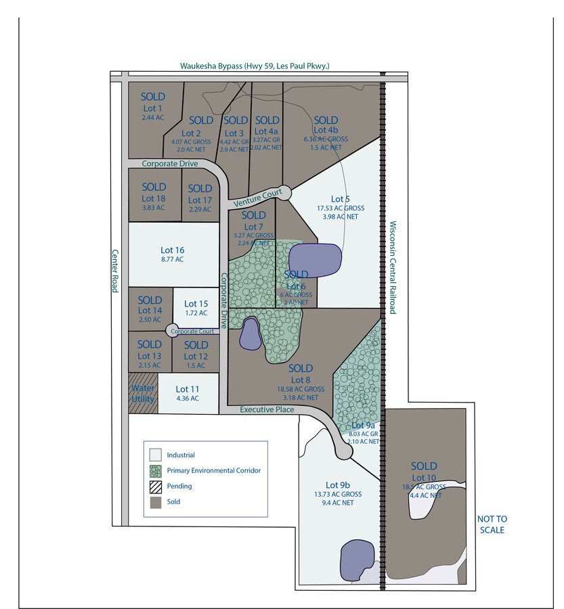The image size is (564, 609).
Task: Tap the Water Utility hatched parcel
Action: tap(143, 393)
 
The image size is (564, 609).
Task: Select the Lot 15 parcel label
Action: tap(195, 304)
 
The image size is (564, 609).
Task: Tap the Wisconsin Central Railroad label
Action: tap(393, 267)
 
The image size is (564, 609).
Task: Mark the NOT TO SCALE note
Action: tap(492, 524)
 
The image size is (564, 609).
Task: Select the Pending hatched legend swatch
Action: tap(155, 486)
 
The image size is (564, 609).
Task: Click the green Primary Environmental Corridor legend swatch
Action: tap(155, 470)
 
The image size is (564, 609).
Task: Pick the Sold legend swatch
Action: tap(155, 502)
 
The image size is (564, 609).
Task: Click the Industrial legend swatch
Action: tap(155, 455)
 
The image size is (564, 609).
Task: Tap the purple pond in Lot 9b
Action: tap(355, 560)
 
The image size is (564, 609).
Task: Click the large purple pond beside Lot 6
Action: tap(315, 260)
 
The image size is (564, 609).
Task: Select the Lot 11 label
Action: tap(188, 389)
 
